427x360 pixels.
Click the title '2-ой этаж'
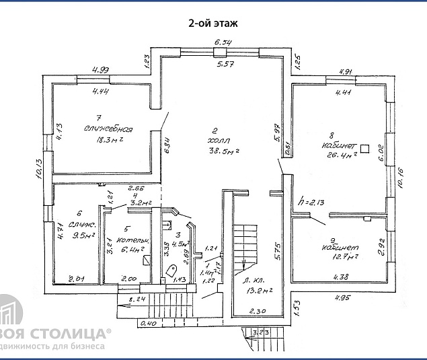212,23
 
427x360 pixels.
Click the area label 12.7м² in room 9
343,256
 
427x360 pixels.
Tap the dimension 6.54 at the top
223,42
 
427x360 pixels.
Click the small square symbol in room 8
365,148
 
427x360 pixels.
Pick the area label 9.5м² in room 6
85,236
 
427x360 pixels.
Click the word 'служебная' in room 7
108,130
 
